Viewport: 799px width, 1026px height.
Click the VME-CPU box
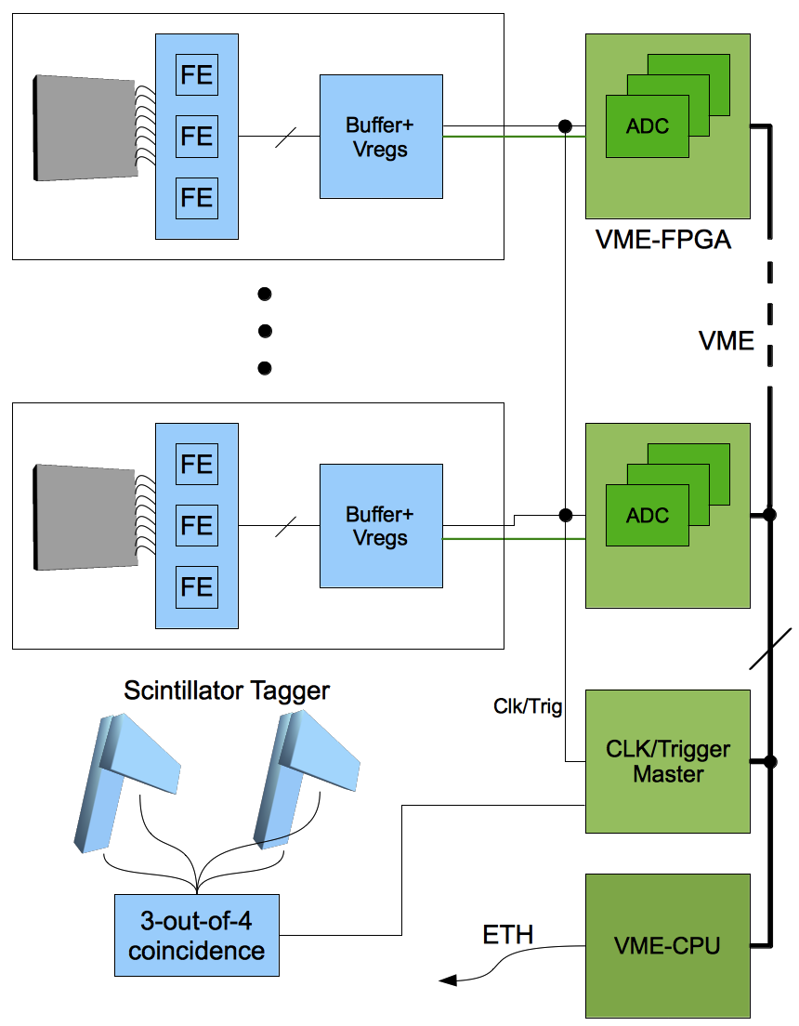click(667, 946)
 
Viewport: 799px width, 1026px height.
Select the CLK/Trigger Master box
click(667, 760)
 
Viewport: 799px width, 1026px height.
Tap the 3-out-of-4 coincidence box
click(197, 936)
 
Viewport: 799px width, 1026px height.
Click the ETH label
click(508, 934)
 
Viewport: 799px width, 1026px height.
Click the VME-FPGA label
click(663, 241)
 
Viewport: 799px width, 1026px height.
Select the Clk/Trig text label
click(528, 706)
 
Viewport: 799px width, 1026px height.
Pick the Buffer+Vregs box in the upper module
click(381, 137)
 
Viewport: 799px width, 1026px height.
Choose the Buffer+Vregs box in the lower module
click(381, 526)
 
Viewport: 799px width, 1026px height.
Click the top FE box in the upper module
click(197, 74)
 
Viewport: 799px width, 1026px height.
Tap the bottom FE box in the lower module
click(197, 586)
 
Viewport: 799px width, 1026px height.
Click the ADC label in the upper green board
click(648, 126)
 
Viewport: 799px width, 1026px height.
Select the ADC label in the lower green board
click(648, 515)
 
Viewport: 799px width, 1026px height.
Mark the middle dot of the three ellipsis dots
click(265, 331)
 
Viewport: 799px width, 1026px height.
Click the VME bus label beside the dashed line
click(727, 341)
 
